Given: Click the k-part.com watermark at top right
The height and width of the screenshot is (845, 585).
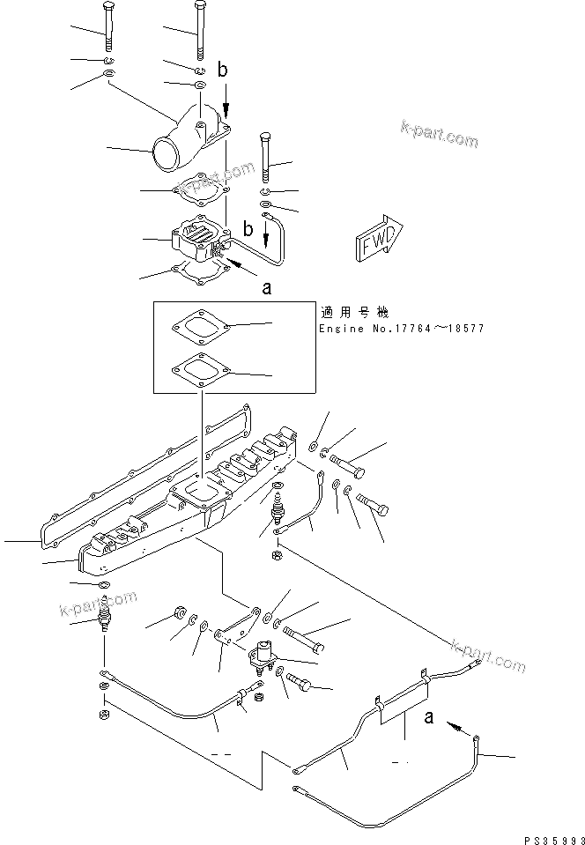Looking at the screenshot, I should pyautogui.click(x=438, y=135).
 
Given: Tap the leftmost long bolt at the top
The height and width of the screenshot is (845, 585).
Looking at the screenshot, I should pyautogui.click(x=107, y=27).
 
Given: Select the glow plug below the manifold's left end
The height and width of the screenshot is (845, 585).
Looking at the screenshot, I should pyautogui.click(x=105, y=611).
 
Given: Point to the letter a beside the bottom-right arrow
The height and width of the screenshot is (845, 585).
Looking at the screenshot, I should pyautogui.click(x=430, y=718).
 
